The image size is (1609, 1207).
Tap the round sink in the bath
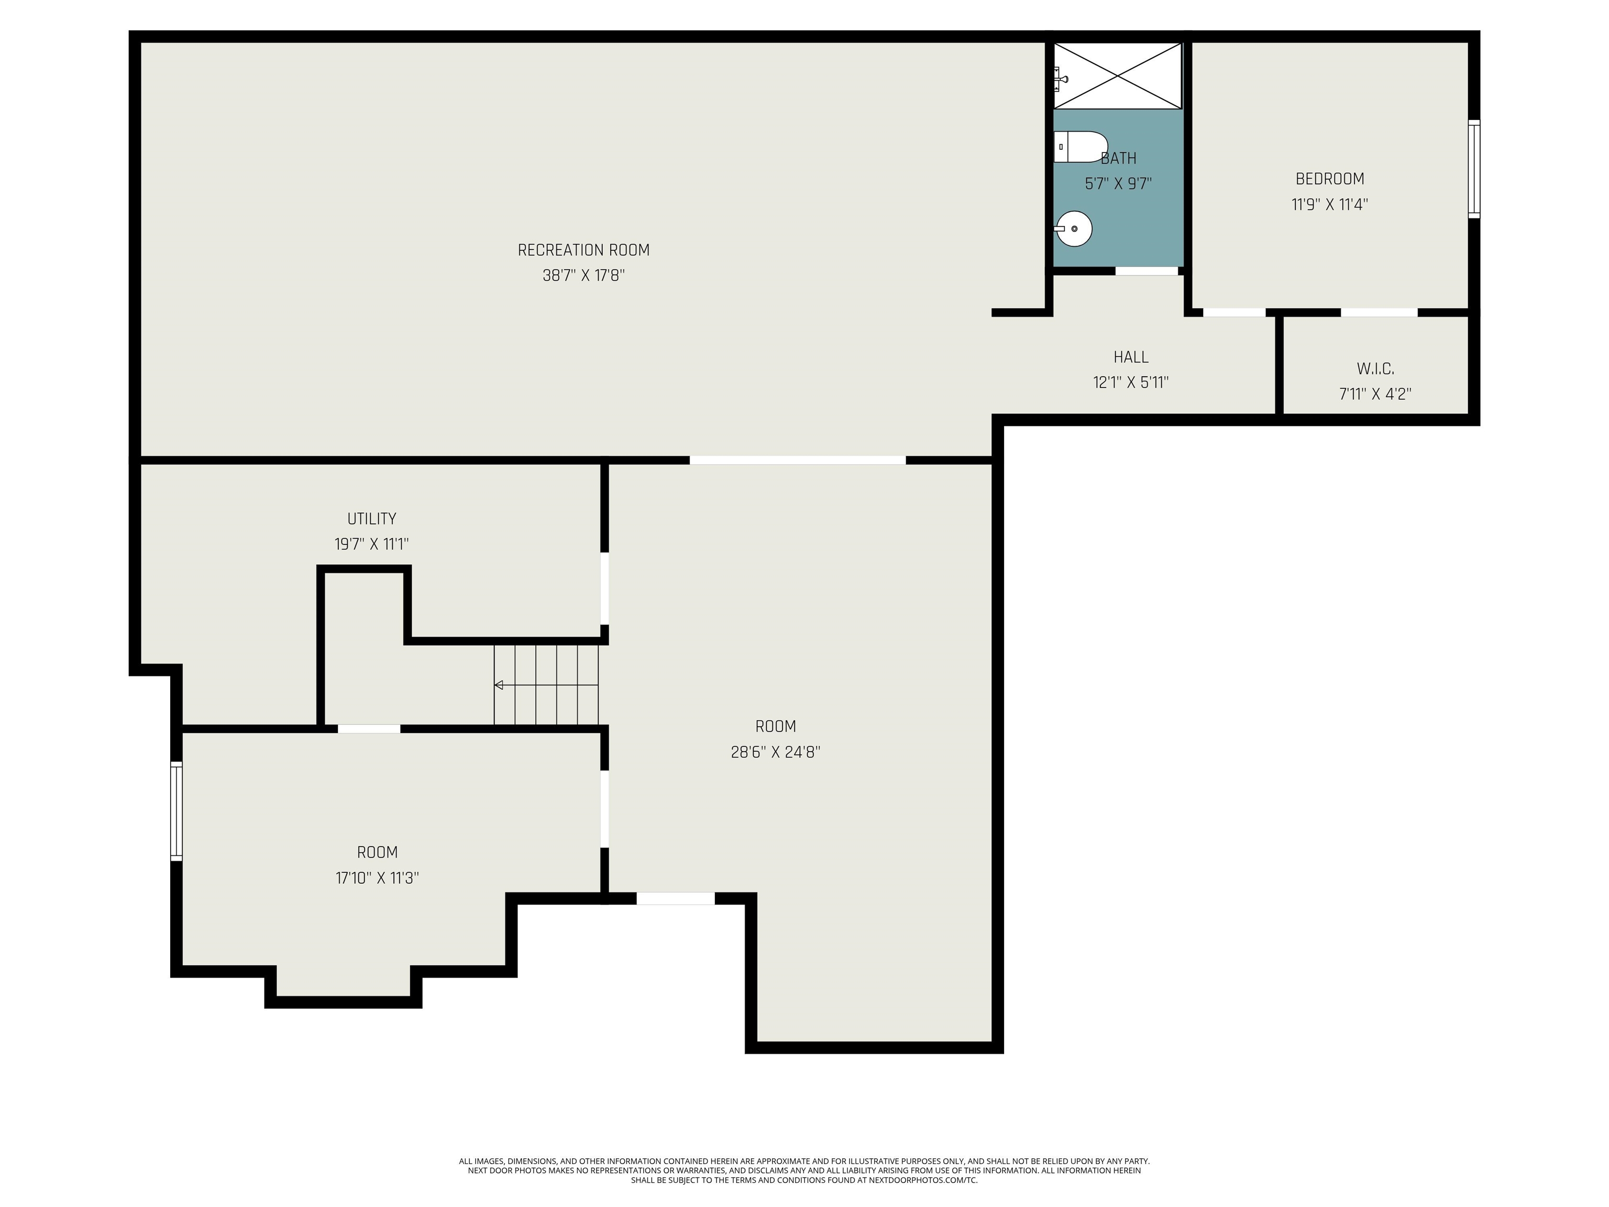pos(1074,228)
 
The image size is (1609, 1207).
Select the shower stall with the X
pos(1118,75)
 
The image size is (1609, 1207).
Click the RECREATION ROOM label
pos(583,250)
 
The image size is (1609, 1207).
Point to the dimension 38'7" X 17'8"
pos(583,276)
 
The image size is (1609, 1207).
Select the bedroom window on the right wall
pos(1474,169)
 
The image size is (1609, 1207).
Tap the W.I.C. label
pos(1375,369)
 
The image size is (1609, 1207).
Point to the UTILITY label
pos(372,519)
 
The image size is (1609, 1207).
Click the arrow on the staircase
pos(499,685)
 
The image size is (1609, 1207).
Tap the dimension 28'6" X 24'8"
pos(775,752)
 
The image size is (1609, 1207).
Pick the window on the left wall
pos(176,811)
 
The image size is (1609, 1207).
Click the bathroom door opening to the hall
pos(1147,271)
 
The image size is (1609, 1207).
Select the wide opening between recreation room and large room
pos(797,460)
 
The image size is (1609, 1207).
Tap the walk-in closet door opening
pos(1379,313)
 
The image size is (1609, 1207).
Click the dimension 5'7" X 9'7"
pos(1118,184)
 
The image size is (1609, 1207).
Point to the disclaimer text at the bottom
pos(804,1171)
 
